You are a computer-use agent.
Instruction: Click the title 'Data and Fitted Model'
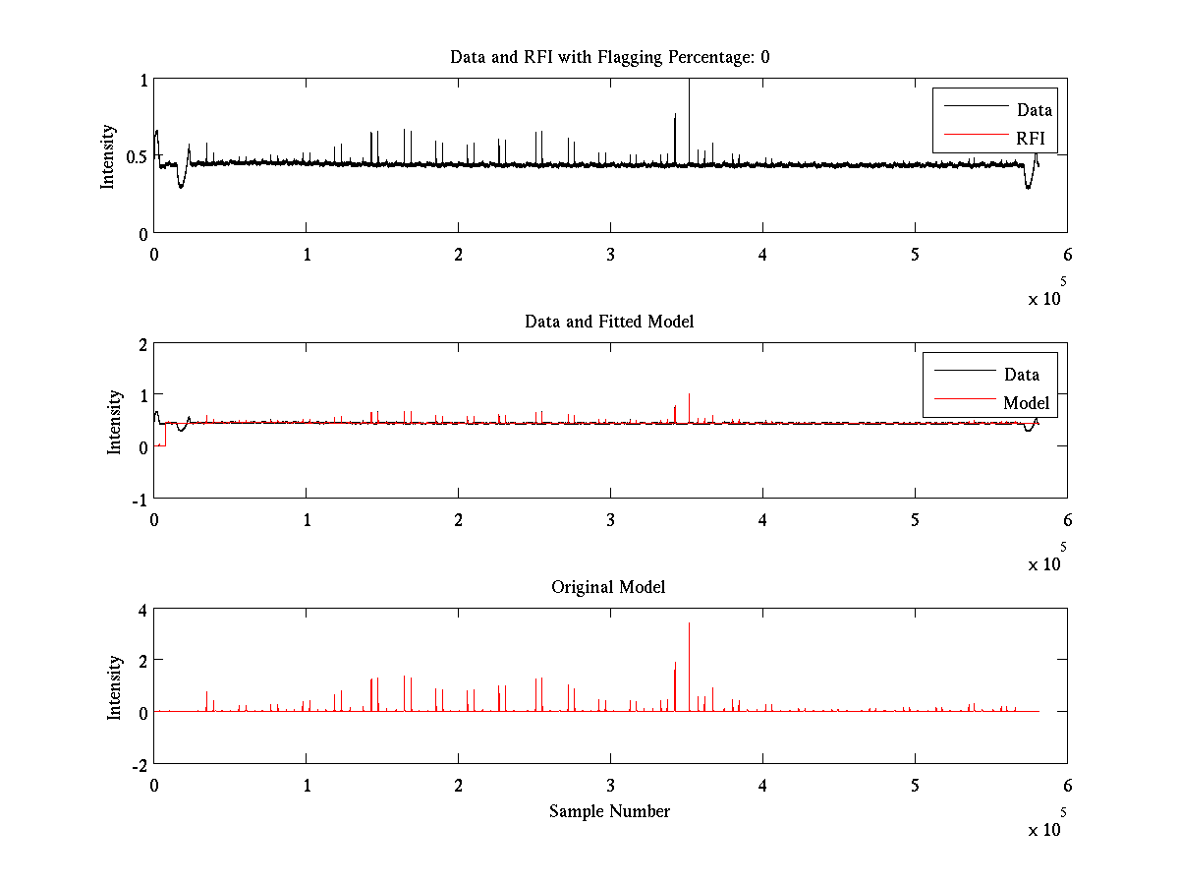click(609, 322)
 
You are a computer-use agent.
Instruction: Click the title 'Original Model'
click(608, 587)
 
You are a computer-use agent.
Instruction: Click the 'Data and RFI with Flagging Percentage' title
click(609, 57)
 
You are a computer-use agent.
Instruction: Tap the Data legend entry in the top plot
click(1034, 110)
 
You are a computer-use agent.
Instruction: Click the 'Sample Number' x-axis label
click(609, 811)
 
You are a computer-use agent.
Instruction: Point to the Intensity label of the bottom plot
click(115, 686)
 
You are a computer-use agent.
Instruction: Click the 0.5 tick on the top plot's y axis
click(136, 156)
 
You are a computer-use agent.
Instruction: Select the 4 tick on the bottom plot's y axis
click(142, 610)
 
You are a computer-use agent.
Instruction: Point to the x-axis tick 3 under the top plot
click(610, 254)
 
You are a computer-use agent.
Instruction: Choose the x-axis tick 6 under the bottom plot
click(1067, 785)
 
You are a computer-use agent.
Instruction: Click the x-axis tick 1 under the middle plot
click(307, 519)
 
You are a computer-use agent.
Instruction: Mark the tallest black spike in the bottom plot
click(689, 624)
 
